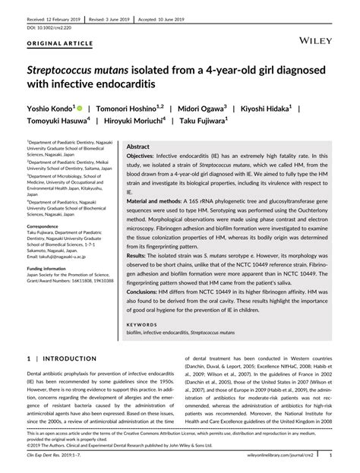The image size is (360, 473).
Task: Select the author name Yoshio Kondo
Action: click(50, 109)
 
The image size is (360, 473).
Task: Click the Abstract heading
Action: click(137, 145)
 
